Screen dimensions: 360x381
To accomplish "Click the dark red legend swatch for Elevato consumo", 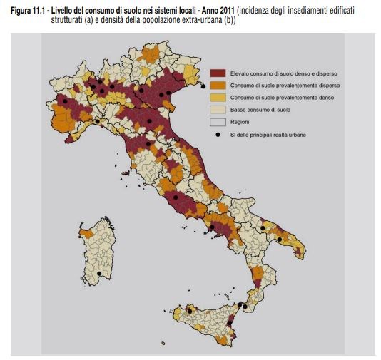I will click(218, 73).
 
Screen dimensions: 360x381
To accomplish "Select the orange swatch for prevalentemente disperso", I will click(218, 85).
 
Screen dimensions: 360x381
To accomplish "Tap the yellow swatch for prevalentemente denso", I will click(218, 98).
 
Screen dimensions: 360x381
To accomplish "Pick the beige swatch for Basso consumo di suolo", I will click(218, 110).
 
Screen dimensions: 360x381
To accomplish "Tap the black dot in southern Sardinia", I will click(98, 274).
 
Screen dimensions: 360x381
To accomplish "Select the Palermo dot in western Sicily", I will click(190, 311).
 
